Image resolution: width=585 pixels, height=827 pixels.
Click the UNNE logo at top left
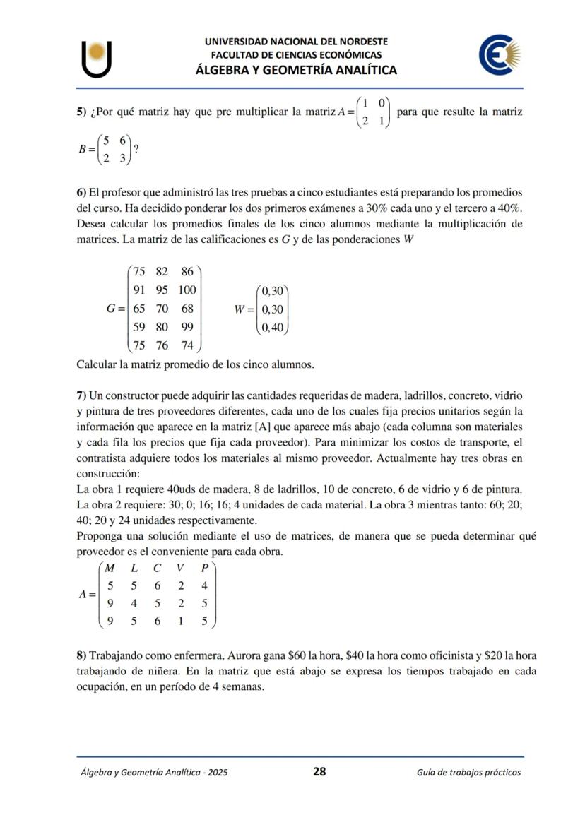[x=97, y=59]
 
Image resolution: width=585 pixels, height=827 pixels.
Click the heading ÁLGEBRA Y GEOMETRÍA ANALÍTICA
[x=296, y=70]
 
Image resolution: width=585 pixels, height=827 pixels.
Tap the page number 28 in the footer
[x=319, y=772]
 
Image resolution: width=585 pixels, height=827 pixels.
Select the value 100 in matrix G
[x=187, y=290]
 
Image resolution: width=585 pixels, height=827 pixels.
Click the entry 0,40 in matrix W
[x=272, y=327]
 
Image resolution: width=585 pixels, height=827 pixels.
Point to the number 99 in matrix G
[x=187, y=327]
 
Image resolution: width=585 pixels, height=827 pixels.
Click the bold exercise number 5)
[x=82, y=112]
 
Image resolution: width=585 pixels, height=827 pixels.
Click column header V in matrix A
[x=181, y=568]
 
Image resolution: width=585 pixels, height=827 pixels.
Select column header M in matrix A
[x=110, y=568]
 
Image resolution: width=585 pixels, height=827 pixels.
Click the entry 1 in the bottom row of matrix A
[x=181, y=621]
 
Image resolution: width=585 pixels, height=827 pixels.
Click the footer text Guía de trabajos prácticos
[x=468, y=773]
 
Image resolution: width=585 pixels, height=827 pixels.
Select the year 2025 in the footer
[x=215, y=773]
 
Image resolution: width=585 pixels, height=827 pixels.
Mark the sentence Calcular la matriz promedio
[x=194, y=365]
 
